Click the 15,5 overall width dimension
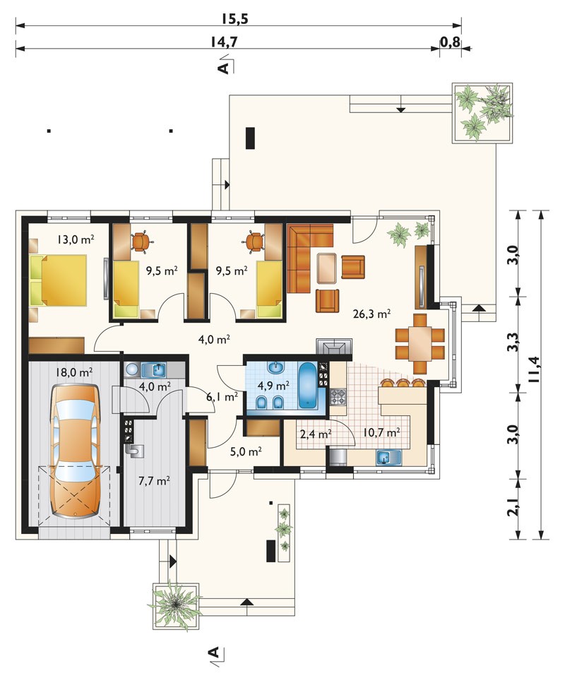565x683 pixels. click(234, 19)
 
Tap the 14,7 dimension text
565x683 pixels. click(224, 42)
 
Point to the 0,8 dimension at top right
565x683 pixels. click(450, 42)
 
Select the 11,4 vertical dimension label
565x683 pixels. click(534, 369)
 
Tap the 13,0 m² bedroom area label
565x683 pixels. click(76, 239)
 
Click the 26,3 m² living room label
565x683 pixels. click(371, 314)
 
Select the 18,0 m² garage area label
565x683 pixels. click(74, 372)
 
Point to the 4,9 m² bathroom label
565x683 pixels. click(273, 386)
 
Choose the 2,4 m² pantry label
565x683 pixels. click(316, 434)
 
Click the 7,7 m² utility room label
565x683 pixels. click(154, 481)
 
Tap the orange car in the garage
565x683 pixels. click(74, 451)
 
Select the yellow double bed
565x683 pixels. click(59, 281)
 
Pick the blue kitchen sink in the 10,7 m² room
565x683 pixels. click(388, 458)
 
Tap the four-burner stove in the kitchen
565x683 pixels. click(338, 397)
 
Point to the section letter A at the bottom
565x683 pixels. click(213, 652)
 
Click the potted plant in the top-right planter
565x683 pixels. click(482, 112)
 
